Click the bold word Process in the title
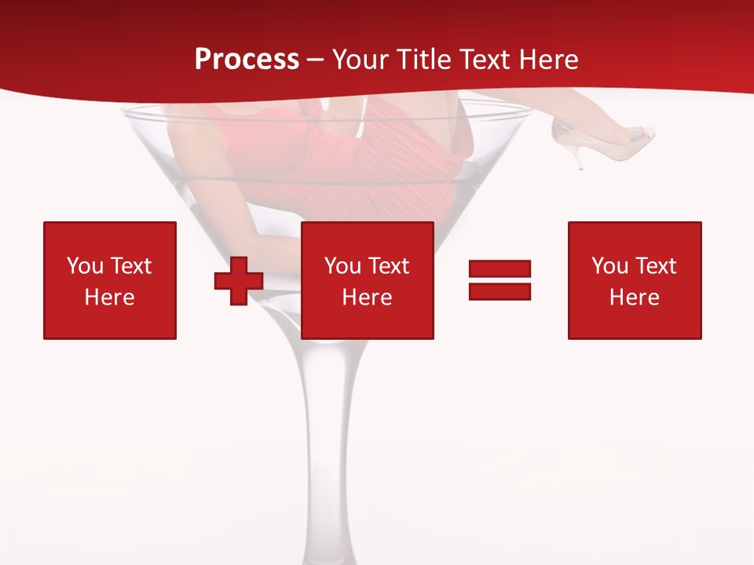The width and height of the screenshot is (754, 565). click(247, 60)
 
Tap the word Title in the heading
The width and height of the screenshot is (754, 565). click(421, 60)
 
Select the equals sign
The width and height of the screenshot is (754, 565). click(500, 280)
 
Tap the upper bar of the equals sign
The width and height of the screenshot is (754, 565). click(500, 269)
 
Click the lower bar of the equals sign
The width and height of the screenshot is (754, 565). click(500, 291)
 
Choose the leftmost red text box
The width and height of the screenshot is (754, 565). click(110, 280)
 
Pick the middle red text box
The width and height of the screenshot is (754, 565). click(367, 280)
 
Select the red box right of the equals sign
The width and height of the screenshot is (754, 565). click(635, 280)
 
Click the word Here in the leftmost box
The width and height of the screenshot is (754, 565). click(109, 297)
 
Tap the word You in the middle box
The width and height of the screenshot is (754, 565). click(342, 266)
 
